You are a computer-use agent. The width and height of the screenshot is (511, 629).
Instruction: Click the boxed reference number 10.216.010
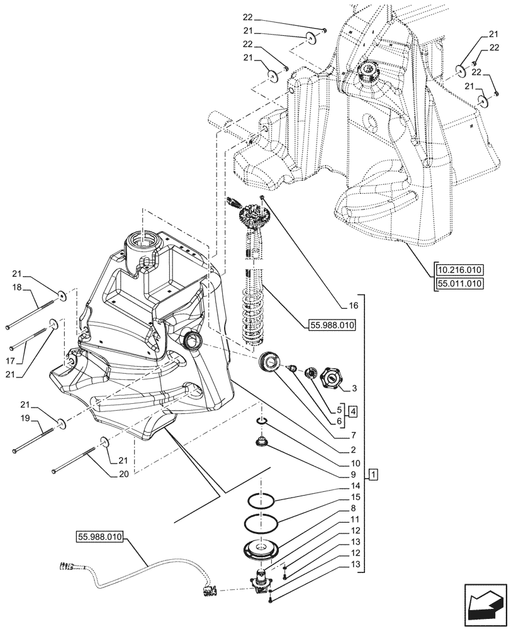tap(458, 270)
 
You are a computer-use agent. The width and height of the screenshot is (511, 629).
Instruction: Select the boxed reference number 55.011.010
tap(458, 284)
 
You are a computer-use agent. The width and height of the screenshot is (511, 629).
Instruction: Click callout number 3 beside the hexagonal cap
tap(354, 389)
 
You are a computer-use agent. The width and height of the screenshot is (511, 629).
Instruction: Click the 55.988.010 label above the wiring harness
tap(101, 538)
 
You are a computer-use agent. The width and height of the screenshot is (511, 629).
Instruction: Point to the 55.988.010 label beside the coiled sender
tap(332, 325)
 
